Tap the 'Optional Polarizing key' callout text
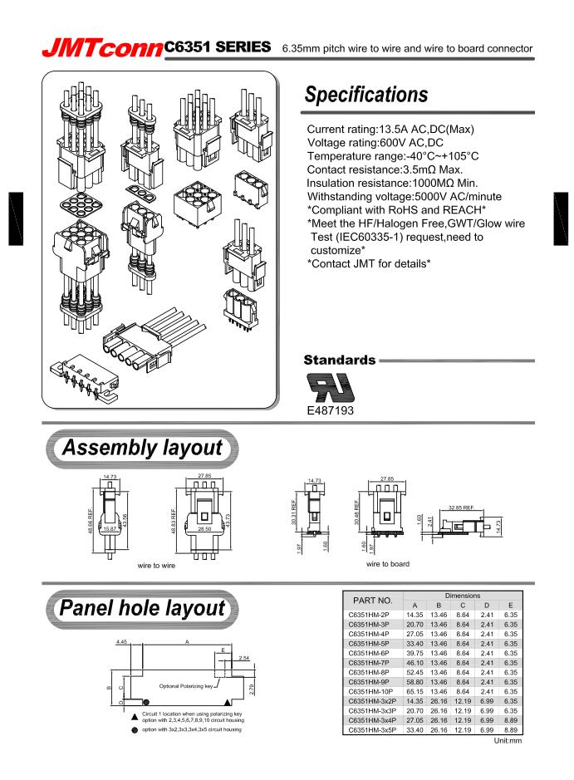click(188, 686)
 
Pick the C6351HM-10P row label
click(372, 689)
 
